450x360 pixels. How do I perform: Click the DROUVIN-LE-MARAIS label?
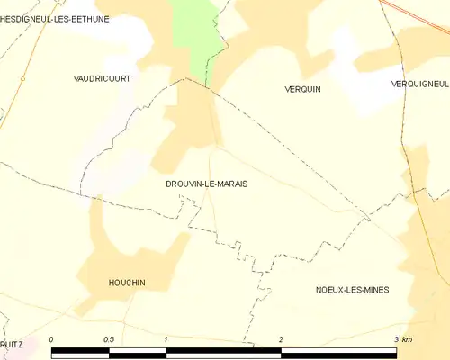click(207, 184)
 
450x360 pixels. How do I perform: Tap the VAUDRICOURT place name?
click(102, 79)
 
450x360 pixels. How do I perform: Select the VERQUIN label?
click(302, 89)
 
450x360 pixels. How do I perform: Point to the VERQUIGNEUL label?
click(420, 84)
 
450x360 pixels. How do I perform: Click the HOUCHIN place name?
click(126, 283)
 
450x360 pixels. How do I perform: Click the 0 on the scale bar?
click(52, 339)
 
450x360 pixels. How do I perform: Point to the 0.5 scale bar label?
click(109, 339)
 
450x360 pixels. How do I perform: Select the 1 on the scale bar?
click(166, 339)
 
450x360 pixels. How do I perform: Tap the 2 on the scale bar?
click(281, 339)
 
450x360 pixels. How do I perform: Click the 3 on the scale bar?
click(395, 339)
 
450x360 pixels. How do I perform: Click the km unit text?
click(407, 339)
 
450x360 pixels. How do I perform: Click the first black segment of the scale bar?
click(81, 351)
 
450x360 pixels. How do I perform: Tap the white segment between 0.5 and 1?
click(138, 351)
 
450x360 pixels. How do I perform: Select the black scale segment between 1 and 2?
click(223, 351)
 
